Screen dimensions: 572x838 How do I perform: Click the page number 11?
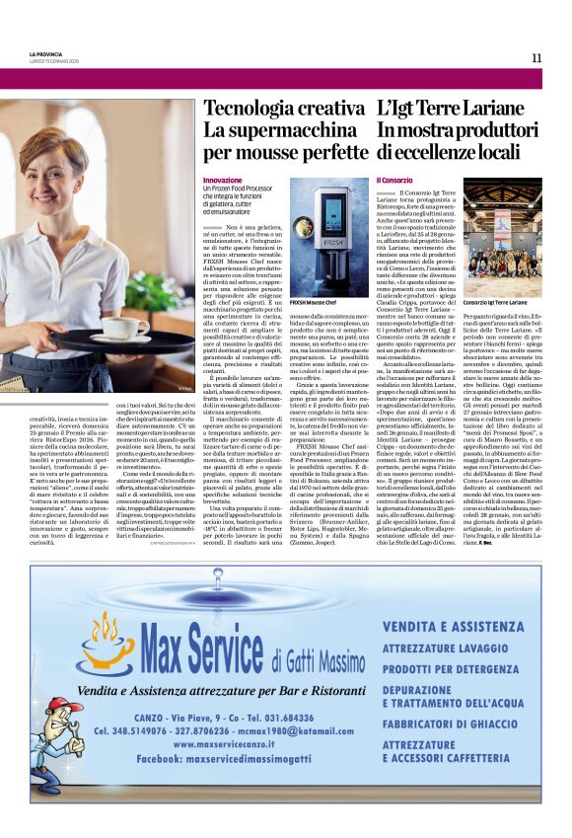[536, 58]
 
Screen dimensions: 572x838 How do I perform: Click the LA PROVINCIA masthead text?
[46, 53]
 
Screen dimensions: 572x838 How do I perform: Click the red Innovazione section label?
[222, 181]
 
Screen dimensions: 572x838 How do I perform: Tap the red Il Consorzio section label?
[394, 181]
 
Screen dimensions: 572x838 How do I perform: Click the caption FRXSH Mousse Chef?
[313, 300]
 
